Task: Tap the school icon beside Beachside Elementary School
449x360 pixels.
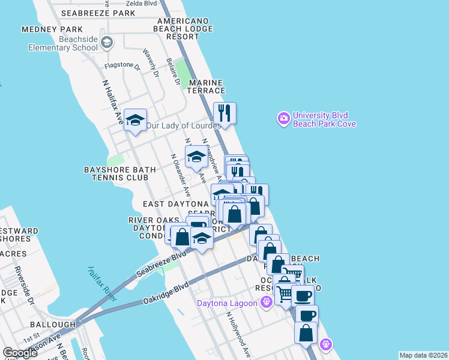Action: point(107,41)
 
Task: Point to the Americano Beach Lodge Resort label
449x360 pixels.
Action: point(183,28)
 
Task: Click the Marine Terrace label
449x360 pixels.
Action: point(206,86)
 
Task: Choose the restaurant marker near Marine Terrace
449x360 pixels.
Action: point(224,113)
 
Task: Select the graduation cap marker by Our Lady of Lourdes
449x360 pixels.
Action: point(136,121)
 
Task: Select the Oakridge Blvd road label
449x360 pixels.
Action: point(166,293)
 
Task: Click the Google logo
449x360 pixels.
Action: point(20,352)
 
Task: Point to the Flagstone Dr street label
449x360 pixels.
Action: point(122,66)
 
